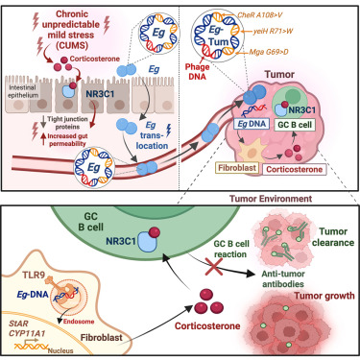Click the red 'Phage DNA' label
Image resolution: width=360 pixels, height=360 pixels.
pos(198,72)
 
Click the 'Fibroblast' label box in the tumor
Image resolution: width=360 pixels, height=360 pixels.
pos(237,168)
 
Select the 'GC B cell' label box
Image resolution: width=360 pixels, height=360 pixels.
pos(295,124)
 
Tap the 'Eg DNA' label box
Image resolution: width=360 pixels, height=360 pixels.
pos(252,124)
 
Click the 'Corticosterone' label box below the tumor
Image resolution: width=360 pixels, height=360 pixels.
pos(294,169)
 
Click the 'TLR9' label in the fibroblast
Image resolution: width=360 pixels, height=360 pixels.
pos(34,276)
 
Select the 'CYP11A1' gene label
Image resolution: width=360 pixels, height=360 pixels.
pos(27,333)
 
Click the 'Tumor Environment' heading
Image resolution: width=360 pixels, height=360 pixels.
pos(271,199)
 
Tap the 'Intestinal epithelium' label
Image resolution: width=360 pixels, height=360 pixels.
pos(23,91)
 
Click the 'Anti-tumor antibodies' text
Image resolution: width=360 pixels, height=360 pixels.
pos(283,278)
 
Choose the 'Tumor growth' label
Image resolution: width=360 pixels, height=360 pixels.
pos(324,296)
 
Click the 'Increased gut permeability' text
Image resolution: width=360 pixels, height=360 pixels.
pos(67,140)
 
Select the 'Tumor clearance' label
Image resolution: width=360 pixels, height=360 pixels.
pos(333,237)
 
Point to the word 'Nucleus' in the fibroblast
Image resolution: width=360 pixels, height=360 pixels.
pos(60,350)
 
